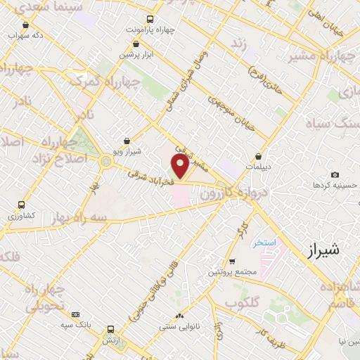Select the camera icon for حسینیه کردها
(x=335, y=174)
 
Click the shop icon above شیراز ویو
(x=127, y=141)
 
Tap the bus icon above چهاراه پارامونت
(x=149, y=20)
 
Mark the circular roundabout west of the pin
(x=106, y=162)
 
